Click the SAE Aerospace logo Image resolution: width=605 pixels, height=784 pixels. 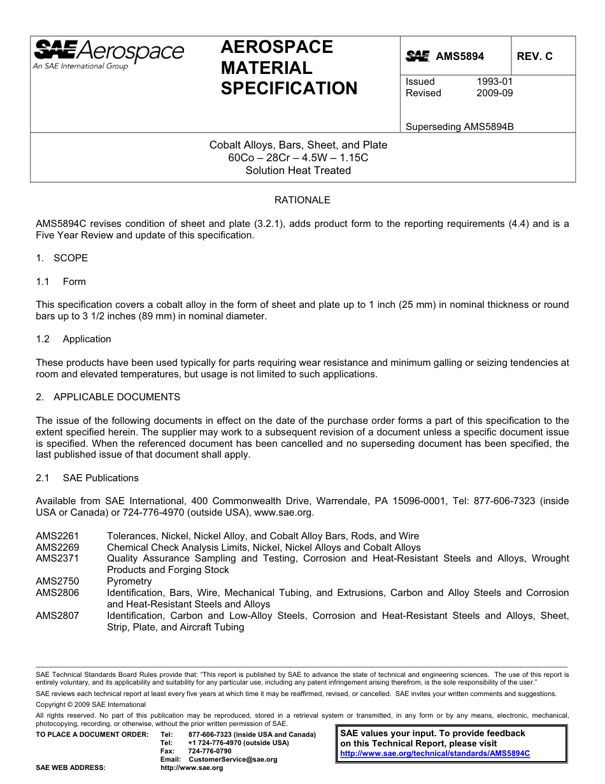point(108,54)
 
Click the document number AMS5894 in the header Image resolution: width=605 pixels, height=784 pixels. point(459,56)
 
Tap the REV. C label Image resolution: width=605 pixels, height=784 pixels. point(534,56)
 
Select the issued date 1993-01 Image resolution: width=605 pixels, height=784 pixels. point(494,82)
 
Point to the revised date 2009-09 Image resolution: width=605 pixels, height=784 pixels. point(494,93)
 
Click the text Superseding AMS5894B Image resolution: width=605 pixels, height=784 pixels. point(459,126)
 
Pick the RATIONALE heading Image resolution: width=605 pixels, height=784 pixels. point(302,200)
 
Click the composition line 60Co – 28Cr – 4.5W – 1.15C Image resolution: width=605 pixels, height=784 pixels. point(298,157)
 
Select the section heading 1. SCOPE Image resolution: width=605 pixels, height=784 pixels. point(62,258)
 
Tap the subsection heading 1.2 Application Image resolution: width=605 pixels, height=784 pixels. point(73,339)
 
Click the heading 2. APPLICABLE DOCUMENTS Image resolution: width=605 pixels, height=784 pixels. point(108,397)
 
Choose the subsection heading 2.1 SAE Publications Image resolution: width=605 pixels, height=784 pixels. point(87,478)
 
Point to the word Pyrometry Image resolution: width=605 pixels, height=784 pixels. point(129,581)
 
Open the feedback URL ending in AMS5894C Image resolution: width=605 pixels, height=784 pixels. point(435,753)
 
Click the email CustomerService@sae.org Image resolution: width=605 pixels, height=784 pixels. point(232,759)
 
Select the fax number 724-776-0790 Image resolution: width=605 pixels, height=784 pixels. point(210,751)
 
